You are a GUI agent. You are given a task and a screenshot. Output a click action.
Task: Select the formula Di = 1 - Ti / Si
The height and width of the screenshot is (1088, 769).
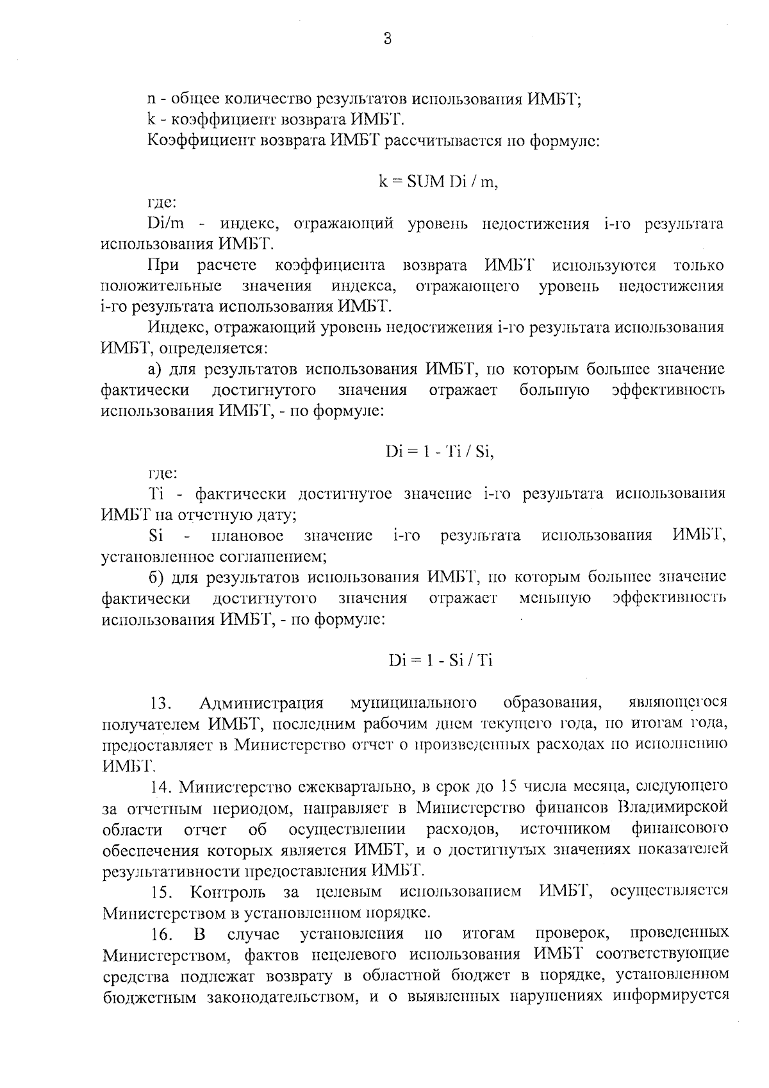tap(440, 452)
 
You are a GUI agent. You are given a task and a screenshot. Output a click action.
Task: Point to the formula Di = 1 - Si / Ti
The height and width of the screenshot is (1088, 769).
tap(440, 660)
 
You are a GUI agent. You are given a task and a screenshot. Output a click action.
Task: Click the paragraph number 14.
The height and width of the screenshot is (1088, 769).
tap(160, 787)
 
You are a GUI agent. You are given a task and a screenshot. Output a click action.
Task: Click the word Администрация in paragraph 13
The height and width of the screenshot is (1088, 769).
tap(261, 703)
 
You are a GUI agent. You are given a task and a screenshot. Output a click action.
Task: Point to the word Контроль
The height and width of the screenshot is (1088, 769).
tap(227, 892)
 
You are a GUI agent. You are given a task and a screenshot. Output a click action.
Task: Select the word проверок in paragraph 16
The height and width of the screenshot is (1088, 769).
tap(572, 933)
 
